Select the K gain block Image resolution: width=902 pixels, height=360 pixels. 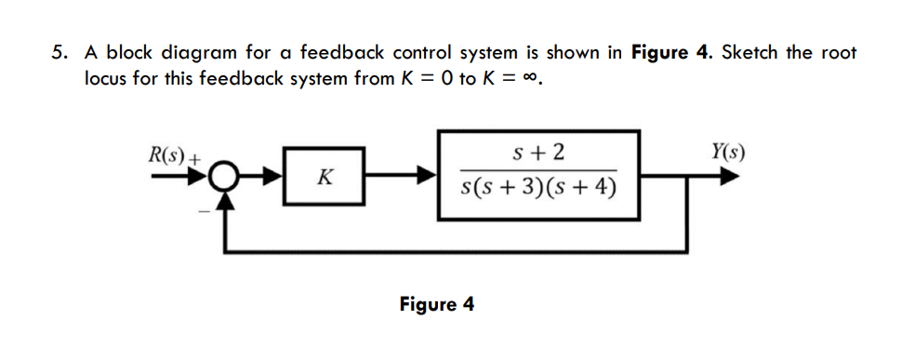(325, 174)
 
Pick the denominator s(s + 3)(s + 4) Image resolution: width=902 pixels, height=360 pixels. (538, 189)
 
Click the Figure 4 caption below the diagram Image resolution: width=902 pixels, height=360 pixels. (436, 304)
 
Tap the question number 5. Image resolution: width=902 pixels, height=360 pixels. (56, 52)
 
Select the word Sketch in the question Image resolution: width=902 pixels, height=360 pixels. (748, 52)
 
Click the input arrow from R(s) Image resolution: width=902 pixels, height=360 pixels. (186, 174)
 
